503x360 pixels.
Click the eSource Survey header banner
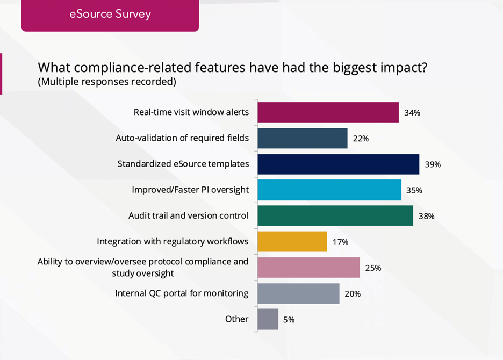(x=110, y=15)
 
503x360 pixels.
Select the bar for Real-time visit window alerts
(x=328, y=112)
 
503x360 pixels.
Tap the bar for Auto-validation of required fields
(x=302, y=138)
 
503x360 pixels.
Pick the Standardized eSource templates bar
(x=338, y=164)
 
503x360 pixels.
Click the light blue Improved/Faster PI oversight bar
(x=329, y=190)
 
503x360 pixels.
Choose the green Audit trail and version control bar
(x=335, y=215)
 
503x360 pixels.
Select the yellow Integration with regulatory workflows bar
(x=292, y=241)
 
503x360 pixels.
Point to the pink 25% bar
(x=308, y=267)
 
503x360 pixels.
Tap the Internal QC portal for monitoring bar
(x=298, y=293)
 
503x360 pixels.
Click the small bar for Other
(x=268, y=319)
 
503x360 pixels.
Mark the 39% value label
(x=433, y=164)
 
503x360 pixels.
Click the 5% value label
(x=289, y=320)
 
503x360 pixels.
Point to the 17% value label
(x=340, y=242)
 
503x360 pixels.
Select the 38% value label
(x=426, y=217)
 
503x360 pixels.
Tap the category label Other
(x=236, y=319)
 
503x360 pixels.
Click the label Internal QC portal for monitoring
(x=182, y=293)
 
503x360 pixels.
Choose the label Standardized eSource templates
(x=183, y=164)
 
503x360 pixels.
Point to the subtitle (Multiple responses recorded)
(x=106, y=82)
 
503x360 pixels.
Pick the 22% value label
(x=361, y=139)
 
